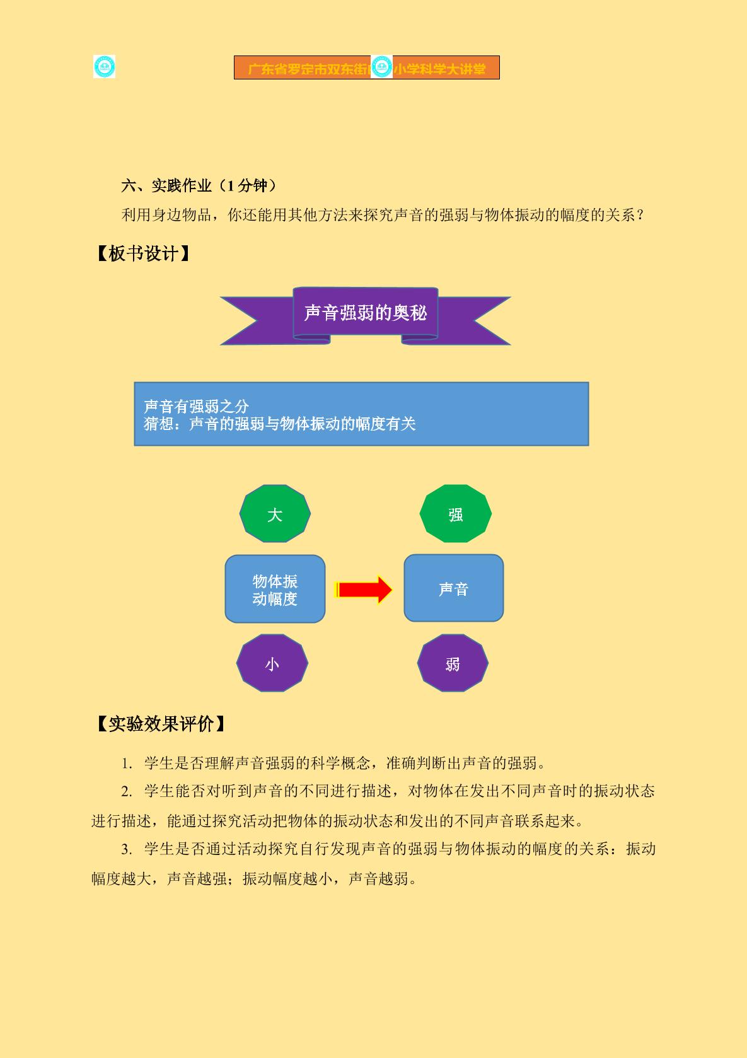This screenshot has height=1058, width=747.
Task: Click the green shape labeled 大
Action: (x=275, y=513)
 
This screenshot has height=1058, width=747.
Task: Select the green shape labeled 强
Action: (x=456, y=513)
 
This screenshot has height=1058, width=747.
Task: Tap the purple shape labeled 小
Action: (x=272, y=663)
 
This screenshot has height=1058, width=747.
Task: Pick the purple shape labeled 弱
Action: (x=453, y=663)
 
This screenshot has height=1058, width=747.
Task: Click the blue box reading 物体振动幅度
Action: (x=275, y=589)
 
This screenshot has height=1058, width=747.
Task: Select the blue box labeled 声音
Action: (x=454, y=588)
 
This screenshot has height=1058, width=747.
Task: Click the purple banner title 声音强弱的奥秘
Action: (x=366, y=313)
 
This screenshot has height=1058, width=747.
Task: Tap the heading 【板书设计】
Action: (x=143, y=253)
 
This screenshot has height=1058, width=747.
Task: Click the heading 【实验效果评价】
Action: (x=161, y=724)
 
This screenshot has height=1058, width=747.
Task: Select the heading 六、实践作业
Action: (x=166, y=185)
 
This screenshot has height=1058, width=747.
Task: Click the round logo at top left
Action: (x=105, y=67)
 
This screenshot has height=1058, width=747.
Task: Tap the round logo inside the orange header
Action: (x=381, y=67)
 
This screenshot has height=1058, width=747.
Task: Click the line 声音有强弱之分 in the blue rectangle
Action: (x=196, y=406)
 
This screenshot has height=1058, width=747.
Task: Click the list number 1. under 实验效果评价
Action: (x=127, y=764)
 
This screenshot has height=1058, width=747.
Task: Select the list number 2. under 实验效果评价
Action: (x=127, y=791)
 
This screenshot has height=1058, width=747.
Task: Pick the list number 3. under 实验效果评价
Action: (x=127, y=849)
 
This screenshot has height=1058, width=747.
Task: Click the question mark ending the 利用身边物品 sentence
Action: (x=640, y=216)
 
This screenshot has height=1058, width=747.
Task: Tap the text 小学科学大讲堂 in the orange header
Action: (x=439, y=69)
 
